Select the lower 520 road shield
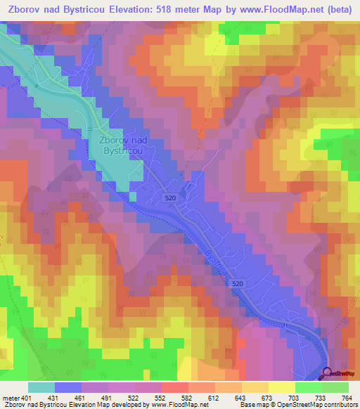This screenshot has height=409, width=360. (238, 283)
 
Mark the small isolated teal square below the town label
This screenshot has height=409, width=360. (132, 197)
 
